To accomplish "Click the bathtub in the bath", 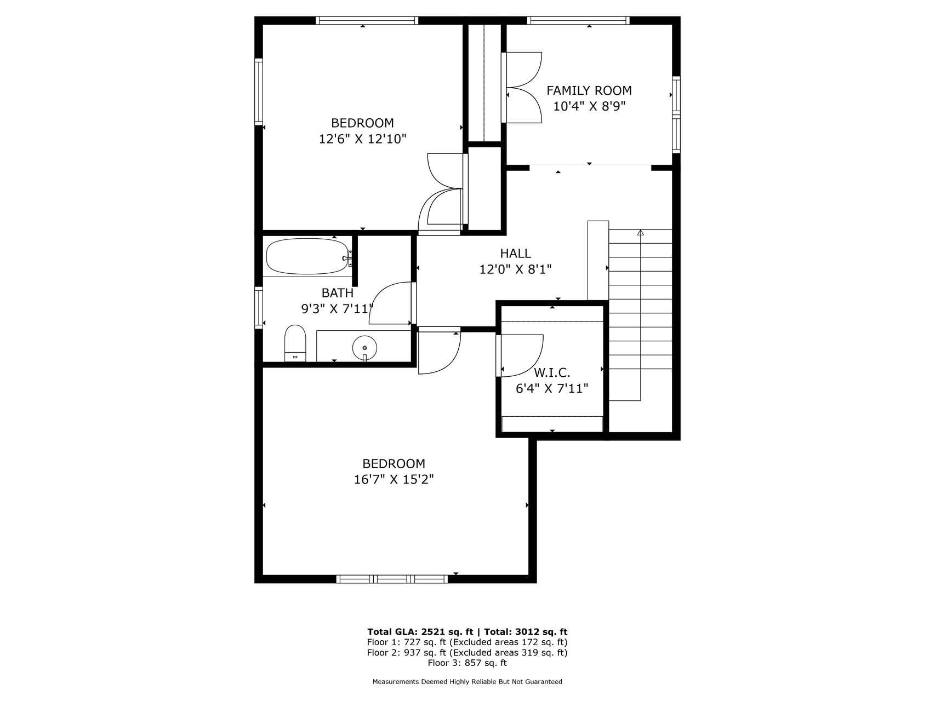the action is pos(309,256).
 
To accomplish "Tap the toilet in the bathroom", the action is pos(295,343).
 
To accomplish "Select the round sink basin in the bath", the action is pos(364,347).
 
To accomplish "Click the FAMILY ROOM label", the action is pos(589,90).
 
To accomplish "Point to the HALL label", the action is pos(515,254).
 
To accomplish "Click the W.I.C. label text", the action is pos(552,373).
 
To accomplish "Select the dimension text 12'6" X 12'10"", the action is pos(362,139).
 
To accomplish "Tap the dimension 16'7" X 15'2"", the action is pos(394,480).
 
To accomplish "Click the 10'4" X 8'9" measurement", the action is pos(589,106).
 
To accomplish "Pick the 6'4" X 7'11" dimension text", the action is pos(552,389).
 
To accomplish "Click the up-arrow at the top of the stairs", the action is pos(640,232).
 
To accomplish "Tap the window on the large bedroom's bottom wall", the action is pos(392,579).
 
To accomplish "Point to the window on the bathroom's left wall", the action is pos(259,307).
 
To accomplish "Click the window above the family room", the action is pos(578,21).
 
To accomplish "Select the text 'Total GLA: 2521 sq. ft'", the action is pos(420,632).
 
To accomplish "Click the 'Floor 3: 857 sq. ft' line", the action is pos(467,663).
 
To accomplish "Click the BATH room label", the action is pos(338,293).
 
